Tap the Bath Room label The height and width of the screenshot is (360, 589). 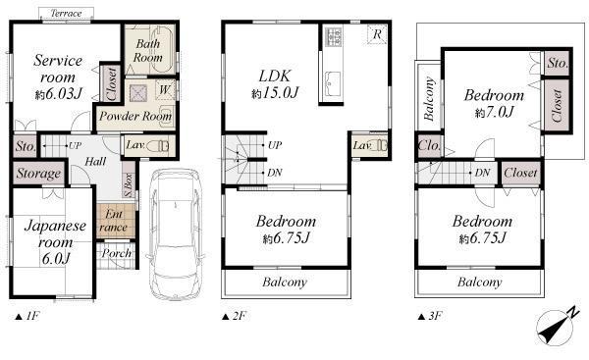point(148,51)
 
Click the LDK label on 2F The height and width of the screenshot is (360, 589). point(274,76)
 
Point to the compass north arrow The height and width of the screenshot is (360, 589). point(556,324)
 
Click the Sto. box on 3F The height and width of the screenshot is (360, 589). point(557,64)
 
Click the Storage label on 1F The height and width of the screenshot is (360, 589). point(38,174)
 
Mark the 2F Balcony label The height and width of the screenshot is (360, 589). point(284,283)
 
